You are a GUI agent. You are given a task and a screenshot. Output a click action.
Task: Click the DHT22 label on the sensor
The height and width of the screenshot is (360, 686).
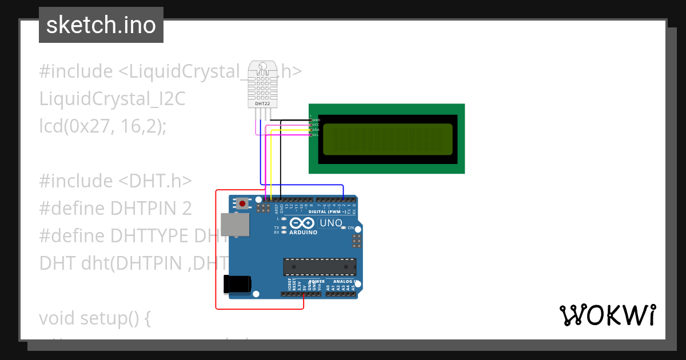pyautogui.click(x=263, y=103)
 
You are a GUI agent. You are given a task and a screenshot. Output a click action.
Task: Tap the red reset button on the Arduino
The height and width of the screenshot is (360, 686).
pyautogui.click(x=244, y=203)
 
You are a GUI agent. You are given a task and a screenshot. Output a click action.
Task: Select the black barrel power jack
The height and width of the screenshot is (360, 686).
pyautogui.click(x=238, y=284)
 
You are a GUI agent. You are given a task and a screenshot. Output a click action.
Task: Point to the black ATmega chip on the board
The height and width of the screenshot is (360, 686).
pyautogui.click(x=320, y=267)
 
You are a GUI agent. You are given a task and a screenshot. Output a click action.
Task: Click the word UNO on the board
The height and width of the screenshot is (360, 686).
pyautogui.click(x=330, y=223)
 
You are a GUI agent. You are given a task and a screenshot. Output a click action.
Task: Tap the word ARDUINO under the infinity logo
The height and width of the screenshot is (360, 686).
pyautogui.click(x=303, y=233)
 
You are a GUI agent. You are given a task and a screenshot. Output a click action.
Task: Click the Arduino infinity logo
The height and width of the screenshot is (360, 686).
pyautogui.click(x=303, y=223)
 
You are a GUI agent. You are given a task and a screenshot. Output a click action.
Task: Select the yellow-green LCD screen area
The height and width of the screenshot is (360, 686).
pyautogui.click(x=387, y=139)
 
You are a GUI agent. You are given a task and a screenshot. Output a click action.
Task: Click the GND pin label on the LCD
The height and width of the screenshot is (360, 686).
pyautogui.click(x=316, y=120)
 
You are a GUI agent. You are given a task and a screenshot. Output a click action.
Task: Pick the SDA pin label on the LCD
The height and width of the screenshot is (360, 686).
pyautogui.click(x=316, y=130)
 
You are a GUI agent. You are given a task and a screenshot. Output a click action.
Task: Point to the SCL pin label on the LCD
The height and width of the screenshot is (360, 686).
pyautogui.click(x=316, y=135)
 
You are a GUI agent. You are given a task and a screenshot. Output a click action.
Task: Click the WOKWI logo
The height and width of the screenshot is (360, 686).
pyautogui.click(x=607, y=315)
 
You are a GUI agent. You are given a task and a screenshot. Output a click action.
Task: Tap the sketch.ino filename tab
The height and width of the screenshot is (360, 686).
pyautogui.click(x=101, y=25)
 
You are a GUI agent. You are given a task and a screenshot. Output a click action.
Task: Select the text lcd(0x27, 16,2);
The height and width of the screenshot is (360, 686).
pyautogui.click(x=103, y=126)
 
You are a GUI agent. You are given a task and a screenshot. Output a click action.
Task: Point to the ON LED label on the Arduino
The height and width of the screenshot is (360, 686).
pyautogui.click(x=352, y=227)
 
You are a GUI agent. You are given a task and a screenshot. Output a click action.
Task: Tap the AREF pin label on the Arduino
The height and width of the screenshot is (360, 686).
pyautogui.click(x=276, y=207)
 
